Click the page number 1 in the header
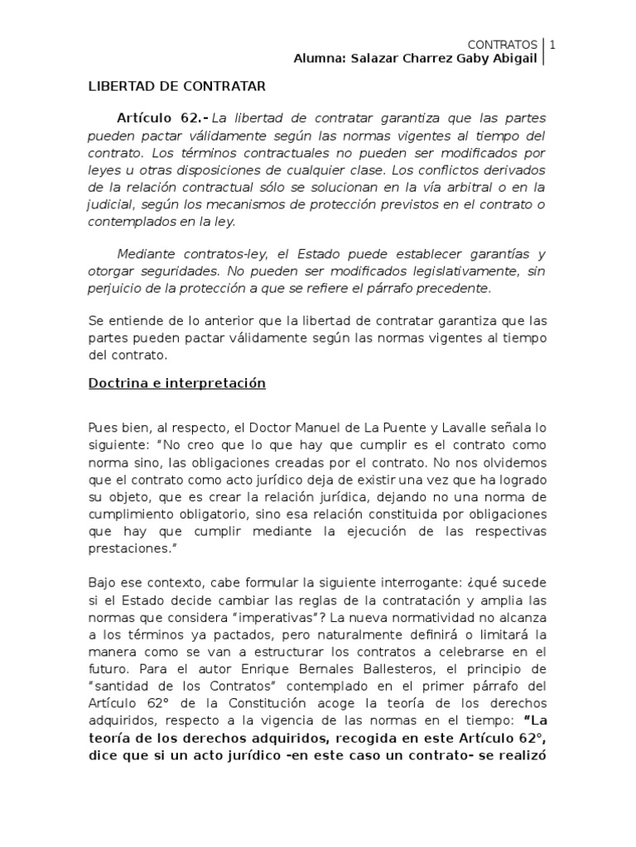click(552, 44)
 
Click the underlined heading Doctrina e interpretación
click(176, 384)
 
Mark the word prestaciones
click(123, 548)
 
